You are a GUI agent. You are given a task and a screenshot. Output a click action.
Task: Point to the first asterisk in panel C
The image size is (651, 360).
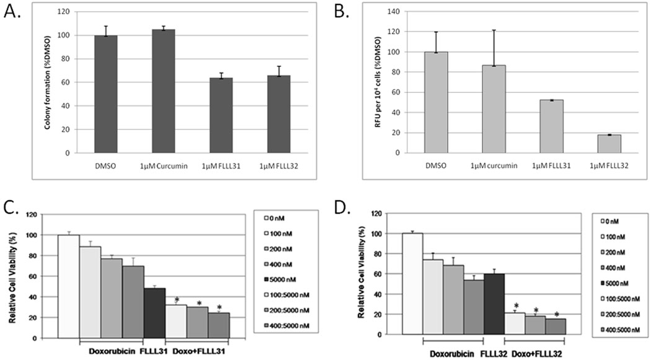(x=177, y=301)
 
